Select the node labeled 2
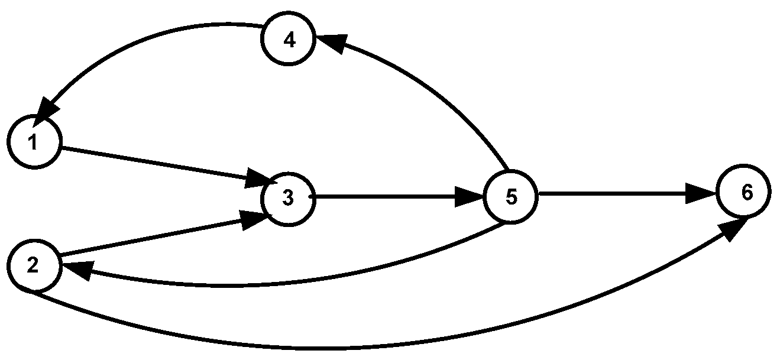pyautogui.click(x=34, y=266)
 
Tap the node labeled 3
pyautogui.click(x=288, y=199)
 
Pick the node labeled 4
pyautogui.click(x=289, y=40)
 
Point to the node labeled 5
pyautogui.click(x=511, y=197)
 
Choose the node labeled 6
pyautogui.click(x=745, y=193)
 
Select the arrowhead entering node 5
pyautogui.click(x=470, y=197)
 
